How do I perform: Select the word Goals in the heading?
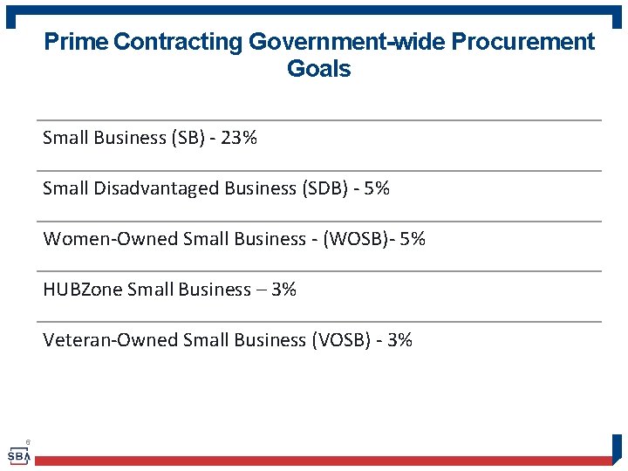318,70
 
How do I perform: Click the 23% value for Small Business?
239,138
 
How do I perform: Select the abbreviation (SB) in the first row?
190,138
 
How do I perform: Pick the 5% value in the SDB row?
377,188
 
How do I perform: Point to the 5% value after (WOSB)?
413,239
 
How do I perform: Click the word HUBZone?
82,290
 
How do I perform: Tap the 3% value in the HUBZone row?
284,290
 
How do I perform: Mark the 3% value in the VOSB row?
399,340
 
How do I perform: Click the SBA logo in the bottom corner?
17,456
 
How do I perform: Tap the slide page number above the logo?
28,442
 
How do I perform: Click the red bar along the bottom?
323,461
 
